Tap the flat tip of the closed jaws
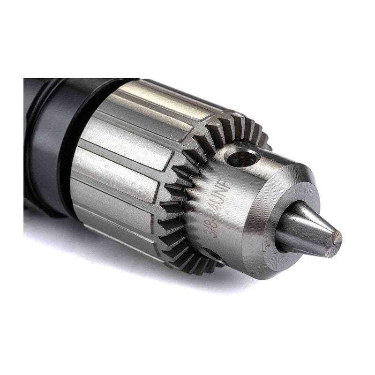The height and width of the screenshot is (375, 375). pos(336,238)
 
